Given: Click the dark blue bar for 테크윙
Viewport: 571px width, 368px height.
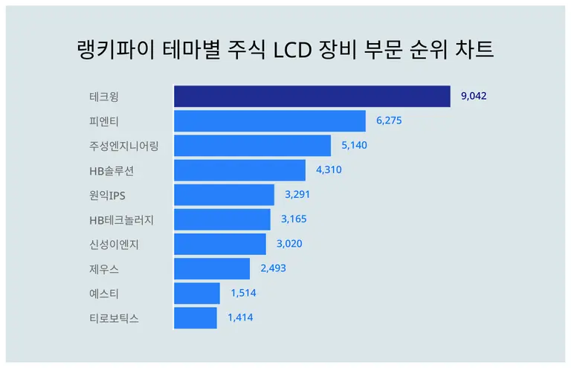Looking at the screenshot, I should [312, 97].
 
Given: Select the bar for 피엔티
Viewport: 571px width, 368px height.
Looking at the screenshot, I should [269, 121].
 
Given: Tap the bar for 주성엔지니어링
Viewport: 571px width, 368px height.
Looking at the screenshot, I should [252, 146].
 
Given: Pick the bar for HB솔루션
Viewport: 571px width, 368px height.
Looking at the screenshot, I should [239, 170].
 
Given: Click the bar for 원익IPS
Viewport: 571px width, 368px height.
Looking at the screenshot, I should [224, 195].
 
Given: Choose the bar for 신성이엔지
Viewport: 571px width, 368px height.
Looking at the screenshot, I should [219, 244].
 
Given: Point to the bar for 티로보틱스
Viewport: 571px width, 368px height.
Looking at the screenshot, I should [195, 318].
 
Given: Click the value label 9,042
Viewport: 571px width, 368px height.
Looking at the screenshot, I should [474, 96].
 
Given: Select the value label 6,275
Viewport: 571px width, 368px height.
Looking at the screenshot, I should [389, 120].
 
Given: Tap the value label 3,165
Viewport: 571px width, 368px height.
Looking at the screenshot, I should [294, 219].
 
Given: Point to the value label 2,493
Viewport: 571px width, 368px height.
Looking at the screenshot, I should [273, 268].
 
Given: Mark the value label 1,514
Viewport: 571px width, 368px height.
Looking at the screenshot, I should [243, 294].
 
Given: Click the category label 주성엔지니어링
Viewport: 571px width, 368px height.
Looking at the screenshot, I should [123, 146].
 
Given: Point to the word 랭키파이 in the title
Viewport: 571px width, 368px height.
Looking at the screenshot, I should [110, 50].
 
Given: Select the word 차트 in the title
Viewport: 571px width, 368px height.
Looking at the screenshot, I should [473, 50].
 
